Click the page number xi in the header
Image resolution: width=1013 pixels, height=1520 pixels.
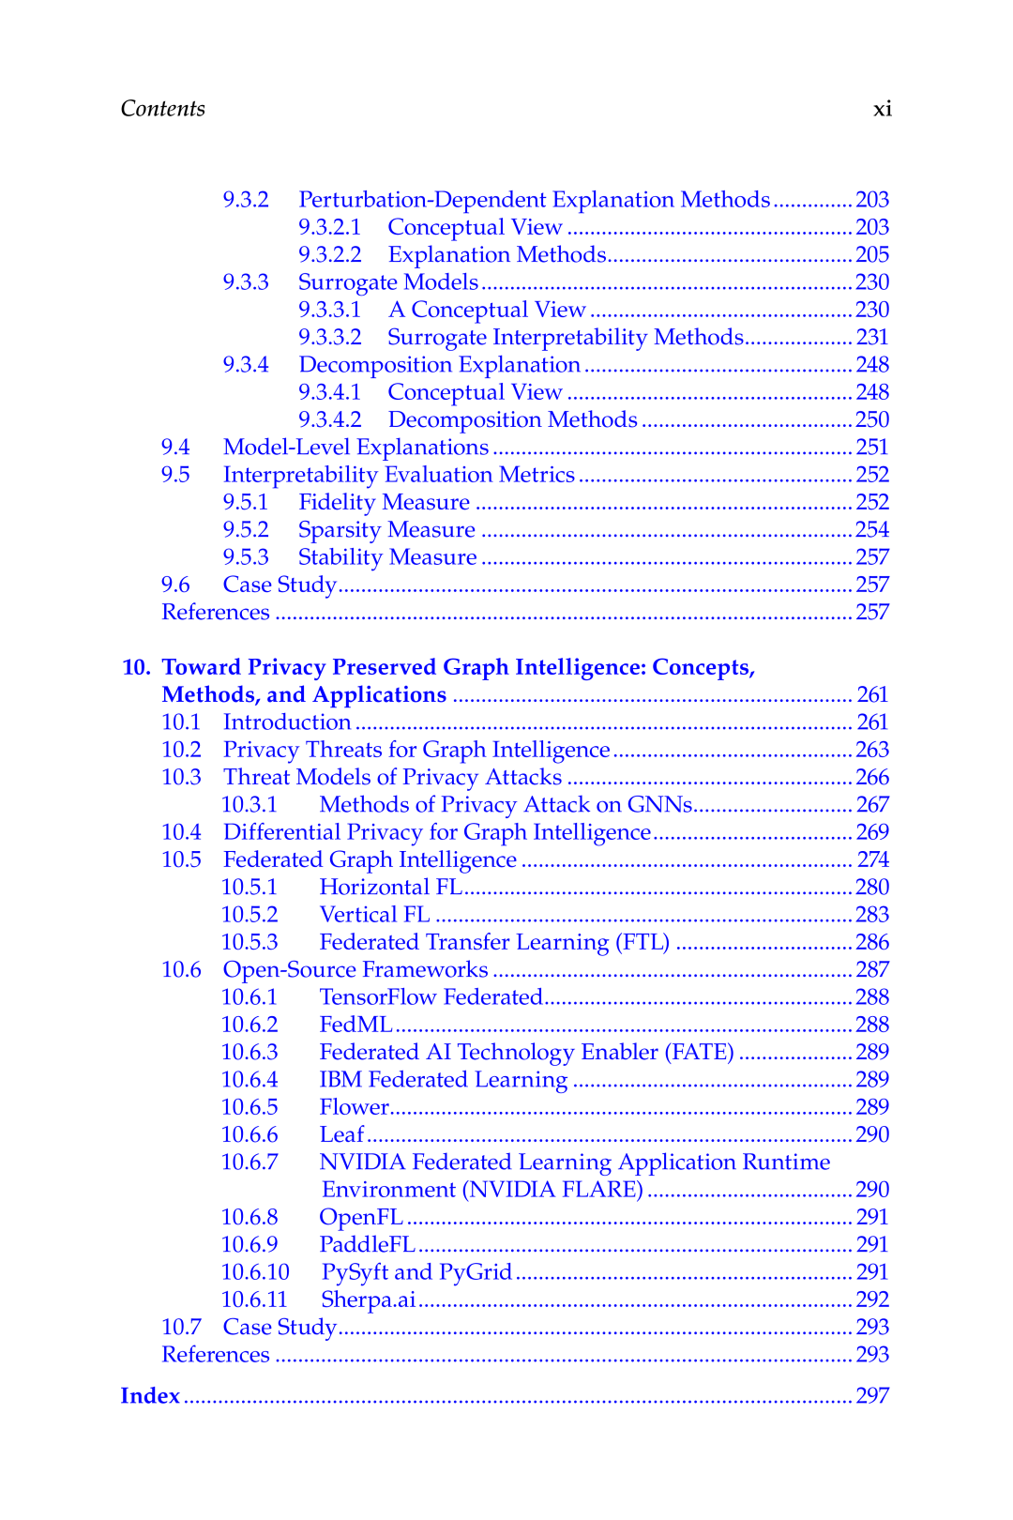(882, 110)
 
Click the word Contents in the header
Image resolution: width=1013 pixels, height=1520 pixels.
(162, 109)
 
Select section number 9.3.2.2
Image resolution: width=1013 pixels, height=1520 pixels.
(329, 255)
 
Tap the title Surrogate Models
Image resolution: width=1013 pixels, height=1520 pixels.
(387, 282)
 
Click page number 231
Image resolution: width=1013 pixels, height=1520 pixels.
(872, 338)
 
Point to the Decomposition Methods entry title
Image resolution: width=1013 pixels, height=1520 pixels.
(512, 420)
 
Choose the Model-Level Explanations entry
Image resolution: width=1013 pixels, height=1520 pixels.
(355, 448)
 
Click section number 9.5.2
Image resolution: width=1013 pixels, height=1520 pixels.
(246, 530)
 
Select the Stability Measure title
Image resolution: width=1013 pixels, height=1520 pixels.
(387, 557)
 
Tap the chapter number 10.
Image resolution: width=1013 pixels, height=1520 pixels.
(135, 667)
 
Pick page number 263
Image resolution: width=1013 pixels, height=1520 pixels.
(872, 750)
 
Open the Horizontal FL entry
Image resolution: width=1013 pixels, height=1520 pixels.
(390, 888)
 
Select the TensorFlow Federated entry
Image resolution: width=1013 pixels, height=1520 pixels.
(431, 997)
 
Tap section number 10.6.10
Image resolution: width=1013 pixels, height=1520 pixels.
(255, 1272)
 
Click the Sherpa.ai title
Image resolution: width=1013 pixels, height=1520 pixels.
(368, 1300)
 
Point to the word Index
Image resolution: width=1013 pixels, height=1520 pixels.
(150, 1396)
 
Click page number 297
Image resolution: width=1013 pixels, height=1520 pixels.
(872, 1396)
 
